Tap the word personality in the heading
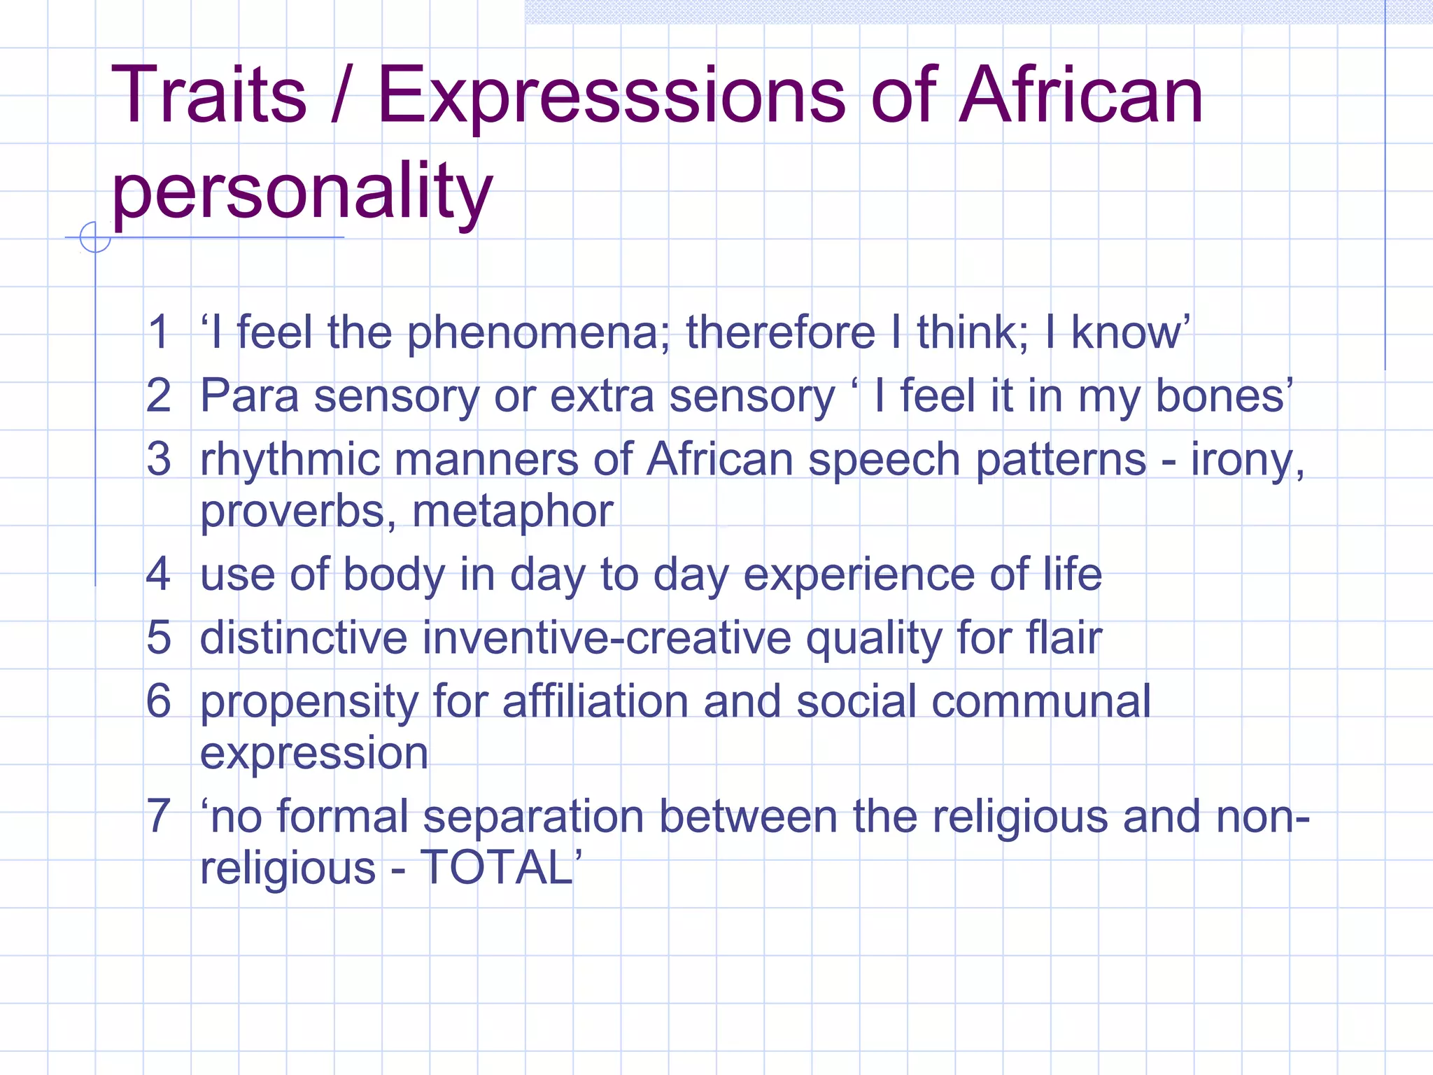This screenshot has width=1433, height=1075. (x=302, y=190)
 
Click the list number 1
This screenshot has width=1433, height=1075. (x=159, y=332)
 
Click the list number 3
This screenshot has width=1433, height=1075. (x=159, y=459)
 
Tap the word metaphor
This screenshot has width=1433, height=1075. (x=512, y=511)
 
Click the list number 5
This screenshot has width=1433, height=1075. (x=159, y=638)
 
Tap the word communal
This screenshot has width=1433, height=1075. (x=1040, y=701)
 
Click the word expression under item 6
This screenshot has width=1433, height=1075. (x=314, y=753)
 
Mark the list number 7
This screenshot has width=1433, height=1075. (x=159, y=816)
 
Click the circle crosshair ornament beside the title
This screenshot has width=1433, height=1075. (x=95, y=237)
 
